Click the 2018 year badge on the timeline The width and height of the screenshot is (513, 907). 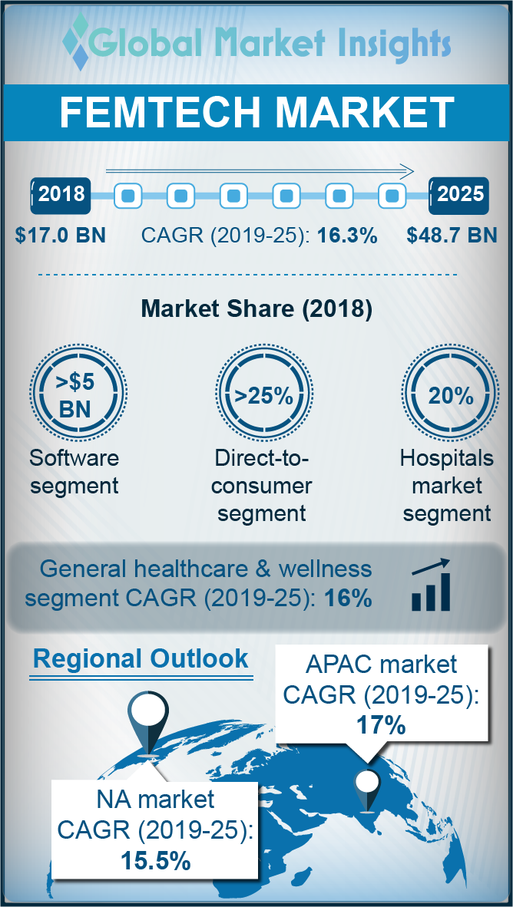61,194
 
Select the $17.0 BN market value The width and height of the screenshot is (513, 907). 60,235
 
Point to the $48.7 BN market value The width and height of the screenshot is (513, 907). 452,235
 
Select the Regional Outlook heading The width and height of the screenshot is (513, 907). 141,658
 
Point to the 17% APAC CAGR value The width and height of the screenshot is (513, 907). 381,724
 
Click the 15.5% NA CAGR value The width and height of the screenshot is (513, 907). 155,861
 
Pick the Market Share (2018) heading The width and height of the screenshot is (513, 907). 256,309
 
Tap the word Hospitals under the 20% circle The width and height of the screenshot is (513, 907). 446,459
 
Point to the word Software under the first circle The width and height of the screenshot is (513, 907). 74,459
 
